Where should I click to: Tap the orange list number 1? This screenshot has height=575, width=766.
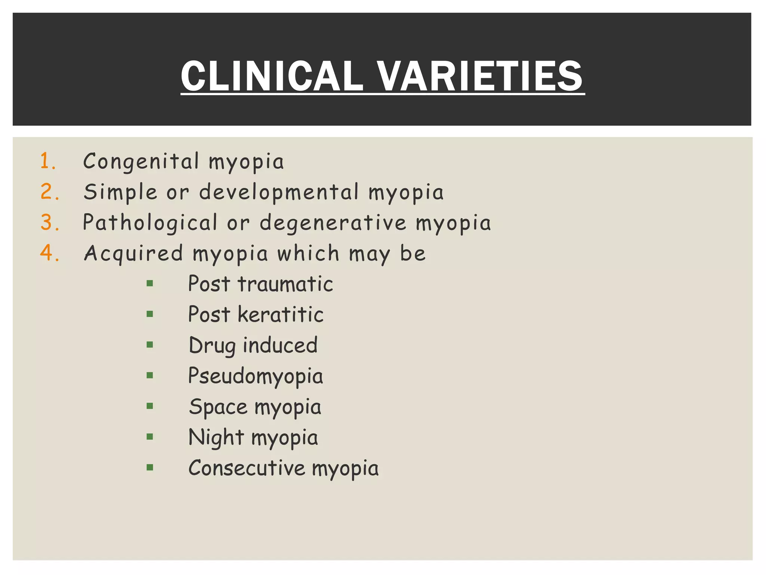click(48, 161)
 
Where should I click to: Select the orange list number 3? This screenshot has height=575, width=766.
click(49, 222)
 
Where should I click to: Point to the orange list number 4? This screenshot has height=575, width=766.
click(49, 253)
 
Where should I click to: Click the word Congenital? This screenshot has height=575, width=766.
click(141, 162)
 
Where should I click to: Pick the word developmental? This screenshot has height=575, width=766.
click(279, 192)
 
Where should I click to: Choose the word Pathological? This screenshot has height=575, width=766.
click(150, 223)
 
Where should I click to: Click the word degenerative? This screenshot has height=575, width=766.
click(333, 223)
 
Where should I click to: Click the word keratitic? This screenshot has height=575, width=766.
click(281, 314)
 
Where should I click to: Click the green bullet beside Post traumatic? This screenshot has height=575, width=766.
click(150, 284)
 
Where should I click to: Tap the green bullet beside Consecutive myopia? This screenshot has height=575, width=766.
click(150, 467)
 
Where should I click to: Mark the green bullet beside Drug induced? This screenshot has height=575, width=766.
click(150, 345)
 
